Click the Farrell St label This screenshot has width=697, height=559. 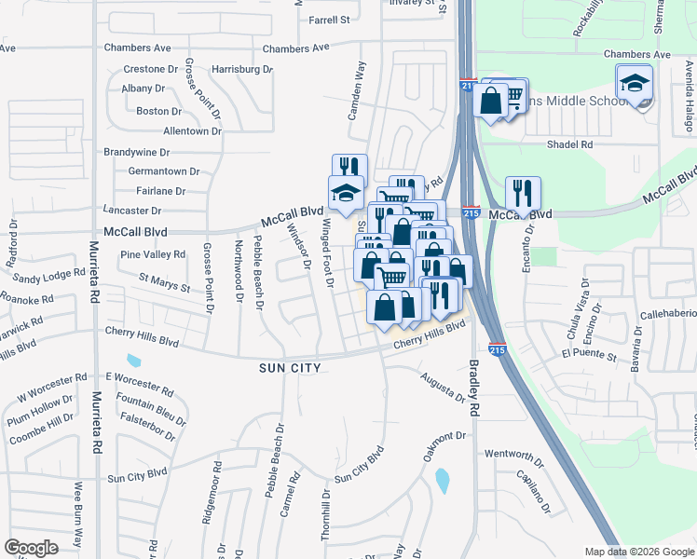point(329,19)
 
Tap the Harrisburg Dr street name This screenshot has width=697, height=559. point(242,69)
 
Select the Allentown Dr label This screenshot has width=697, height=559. point(192,131)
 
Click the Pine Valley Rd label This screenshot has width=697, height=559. point(153,254)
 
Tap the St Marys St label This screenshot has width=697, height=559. point(164,278)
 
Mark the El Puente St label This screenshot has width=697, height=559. point(589,355)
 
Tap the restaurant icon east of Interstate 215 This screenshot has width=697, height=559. point(523,193)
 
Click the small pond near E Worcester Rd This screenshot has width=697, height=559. point(134,361)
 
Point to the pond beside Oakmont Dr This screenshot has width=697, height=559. point(442,481)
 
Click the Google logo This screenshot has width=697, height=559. point(31,548)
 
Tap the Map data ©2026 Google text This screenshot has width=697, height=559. point(638,552)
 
